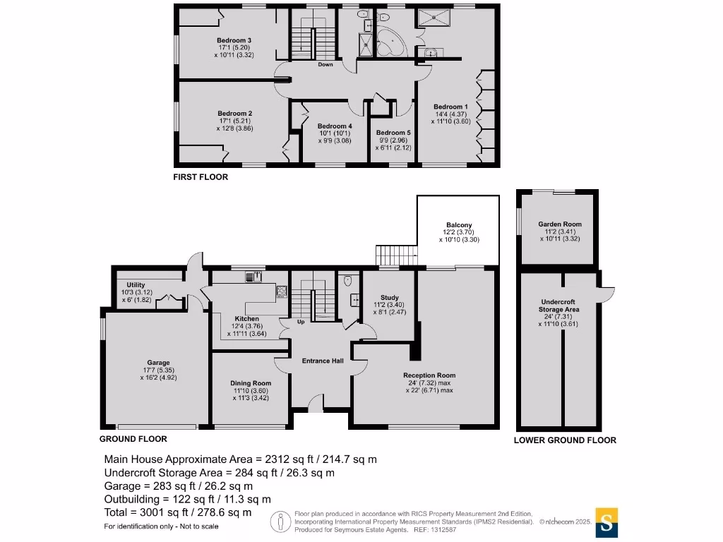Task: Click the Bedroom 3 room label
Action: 234,40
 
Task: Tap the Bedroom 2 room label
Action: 234,114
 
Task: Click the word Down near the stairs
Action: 325,65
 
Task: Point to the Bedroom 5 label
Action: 393,133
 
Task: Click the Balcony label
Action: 458,225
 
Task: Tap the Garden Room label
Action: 558,224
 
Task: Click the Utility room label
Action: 136,284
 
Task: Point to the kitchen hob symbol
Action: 281,290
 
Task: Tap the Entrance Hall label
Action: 323,361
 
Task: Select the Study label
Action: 390,297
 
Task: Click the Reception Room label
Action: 429,375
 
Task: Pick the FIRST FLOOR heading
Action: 201,178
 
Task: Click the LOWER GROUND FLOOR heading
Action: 565,440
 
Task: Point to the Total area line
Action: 177,513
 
